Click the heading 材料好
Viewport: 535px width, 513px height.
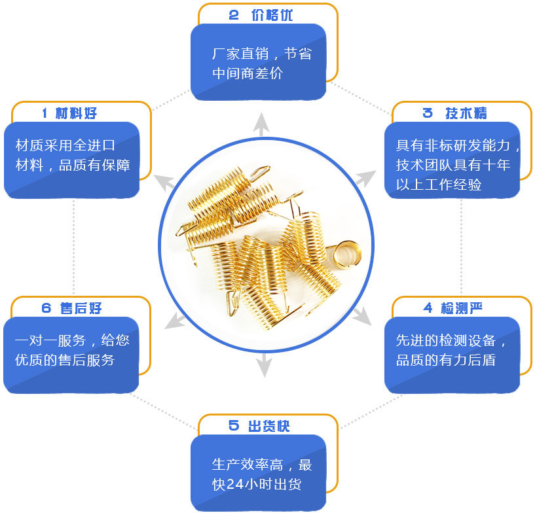tap(77, 113)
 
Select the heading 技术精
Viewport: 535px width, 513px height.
tap(466, 113)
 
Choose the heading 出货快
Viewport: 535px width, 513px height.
tap(269, 426)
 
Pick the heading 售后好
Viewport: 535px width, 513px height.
tap(81, 308)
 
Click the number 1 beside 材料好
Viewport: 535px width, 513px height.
tap(45, 113)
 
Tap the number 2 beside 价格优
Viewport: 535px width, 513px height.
tap(234, 16)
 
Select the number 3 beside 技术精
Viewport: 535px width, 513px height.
tap(428, 113)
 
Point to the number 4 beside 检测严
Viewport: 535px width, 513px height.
tap(428, 308)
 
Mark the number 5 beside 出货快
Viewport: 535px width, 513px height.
tap(234, 426)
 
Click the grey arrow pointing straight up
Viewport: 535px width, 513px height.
tap(262, 124)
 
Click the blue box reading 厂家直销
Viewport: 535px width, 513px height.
tap(258, 62)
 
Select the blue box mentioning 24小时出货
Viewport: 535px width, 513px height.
tap(258, 474)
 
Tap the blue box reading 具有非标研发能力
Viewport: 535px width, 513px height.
tap(452, 160)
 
